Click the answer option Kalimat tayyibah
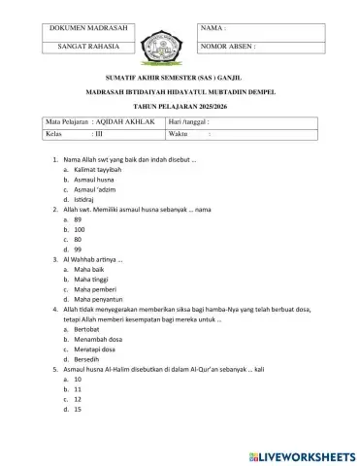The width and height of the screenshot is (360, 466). click(97, 169)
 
